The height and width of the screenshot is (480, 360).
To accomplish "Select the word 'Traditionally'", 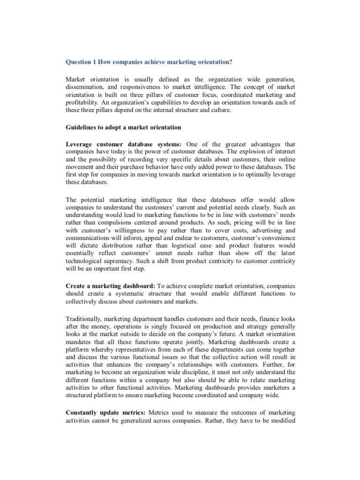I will [x=87, y=319].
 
